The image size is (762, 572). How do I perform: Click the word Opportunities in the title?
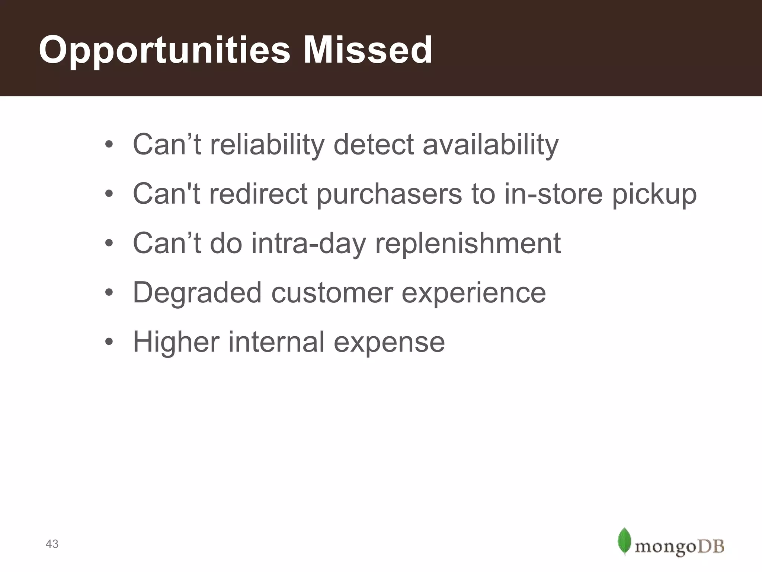tap(164, 50)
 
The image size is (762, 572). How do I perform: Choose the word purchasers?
tap(389, 194)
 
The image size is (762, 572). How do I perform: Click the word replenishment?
tap(468, 244)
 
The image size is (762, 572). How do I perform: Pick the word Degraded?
tap(197, 293)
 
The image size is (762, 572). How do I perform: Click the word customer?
tap(332, 293)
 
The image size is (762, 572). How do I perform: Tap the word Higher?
tap(176, 342)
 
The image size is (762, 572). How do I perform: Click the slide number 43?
tap(52, 544)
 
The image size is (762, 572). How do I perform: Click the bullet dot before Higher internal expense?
tap(109, 342)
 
